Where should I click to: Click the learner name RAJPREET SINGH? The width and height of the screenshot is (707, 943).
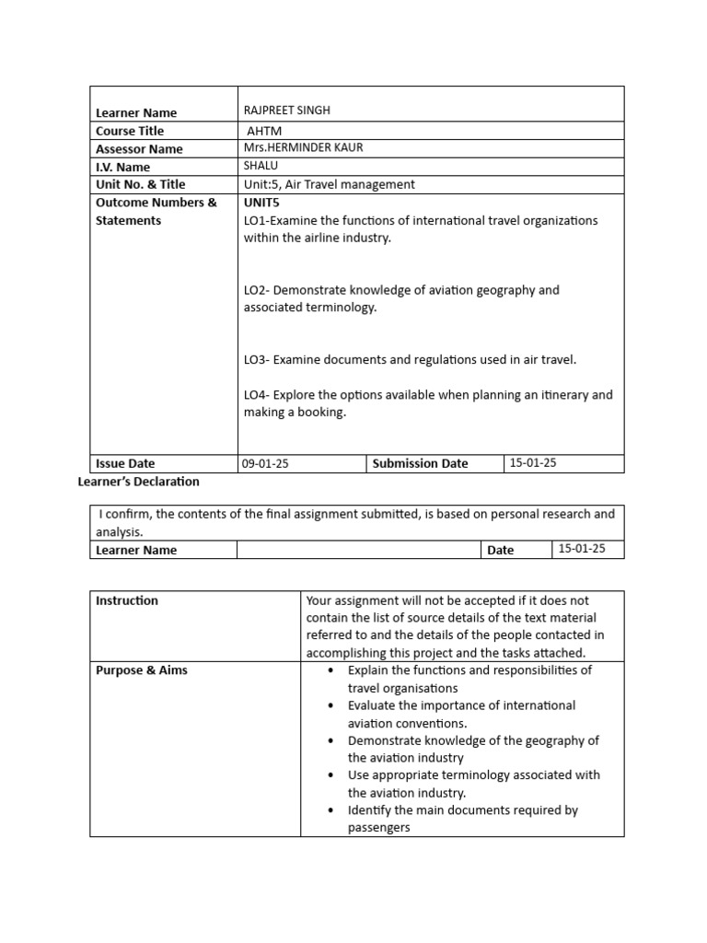286,111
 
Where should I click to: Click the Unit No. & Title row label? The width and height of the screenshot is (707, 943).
140,184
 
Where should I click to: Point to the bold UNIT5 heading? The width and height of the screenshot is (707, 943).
261,203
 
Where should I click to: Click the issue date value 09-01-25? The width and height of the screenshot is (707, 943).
265,464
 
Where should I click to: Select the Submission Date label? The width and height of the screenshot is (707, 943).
420,464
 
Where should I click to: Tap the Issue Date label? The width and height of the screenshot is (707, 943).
125,464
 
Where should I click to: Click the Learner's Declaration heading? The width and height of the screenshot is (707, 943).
140,482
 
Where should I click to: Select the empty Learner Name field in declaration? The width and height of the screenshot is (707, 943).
359,550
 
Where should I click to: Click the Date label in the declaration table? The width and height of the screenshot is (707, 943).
501,551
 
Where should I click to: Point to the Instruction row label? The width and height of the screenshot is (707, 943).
127,600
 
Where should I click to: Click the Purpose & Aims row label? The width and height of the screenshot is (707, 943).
142,670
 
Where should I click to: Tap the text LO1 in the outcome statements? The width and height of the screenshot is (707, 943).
255,220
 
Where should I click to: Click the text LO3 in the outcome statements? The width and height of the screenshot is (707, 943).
255,360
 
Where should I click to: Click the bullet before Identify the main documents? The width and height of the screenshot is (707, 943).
330,810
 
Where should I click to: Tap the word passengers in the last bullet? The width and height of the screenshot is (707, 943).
378,828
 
